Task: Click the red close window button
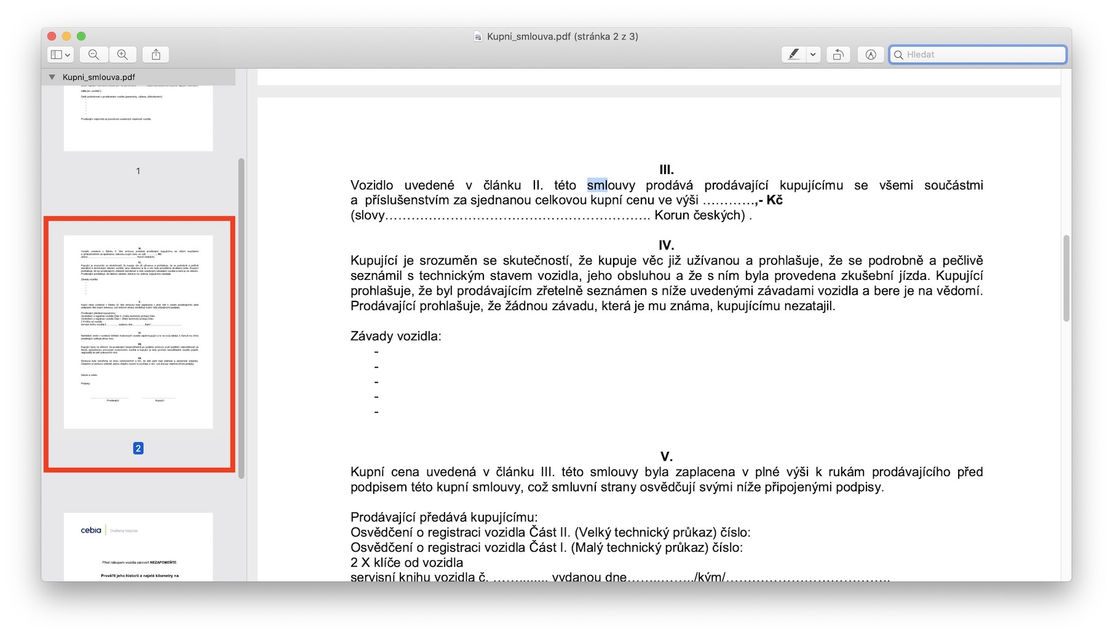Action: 52,36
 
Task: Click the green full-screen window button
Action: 81,36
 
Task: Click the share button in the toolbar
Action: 156,55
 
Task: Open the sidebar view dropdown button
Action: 60,55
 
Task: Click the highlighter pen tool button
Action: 794,55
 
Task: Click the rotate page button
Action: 838,55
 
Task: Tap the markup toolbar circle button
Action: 871,55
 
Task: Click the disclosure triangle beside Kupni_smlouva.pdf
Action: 52,77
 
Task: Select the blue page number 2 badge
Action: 138,448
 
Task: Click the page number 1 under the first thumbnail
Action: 138,171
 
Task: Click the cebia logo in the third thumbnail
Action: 91,530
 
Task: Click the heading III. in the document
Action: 667,170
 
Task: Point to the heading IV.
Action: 667,245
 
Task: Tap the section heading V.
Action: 667,456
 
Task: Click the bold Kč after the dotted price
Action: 774,200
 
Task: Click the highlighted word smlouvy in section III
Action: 611,185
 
